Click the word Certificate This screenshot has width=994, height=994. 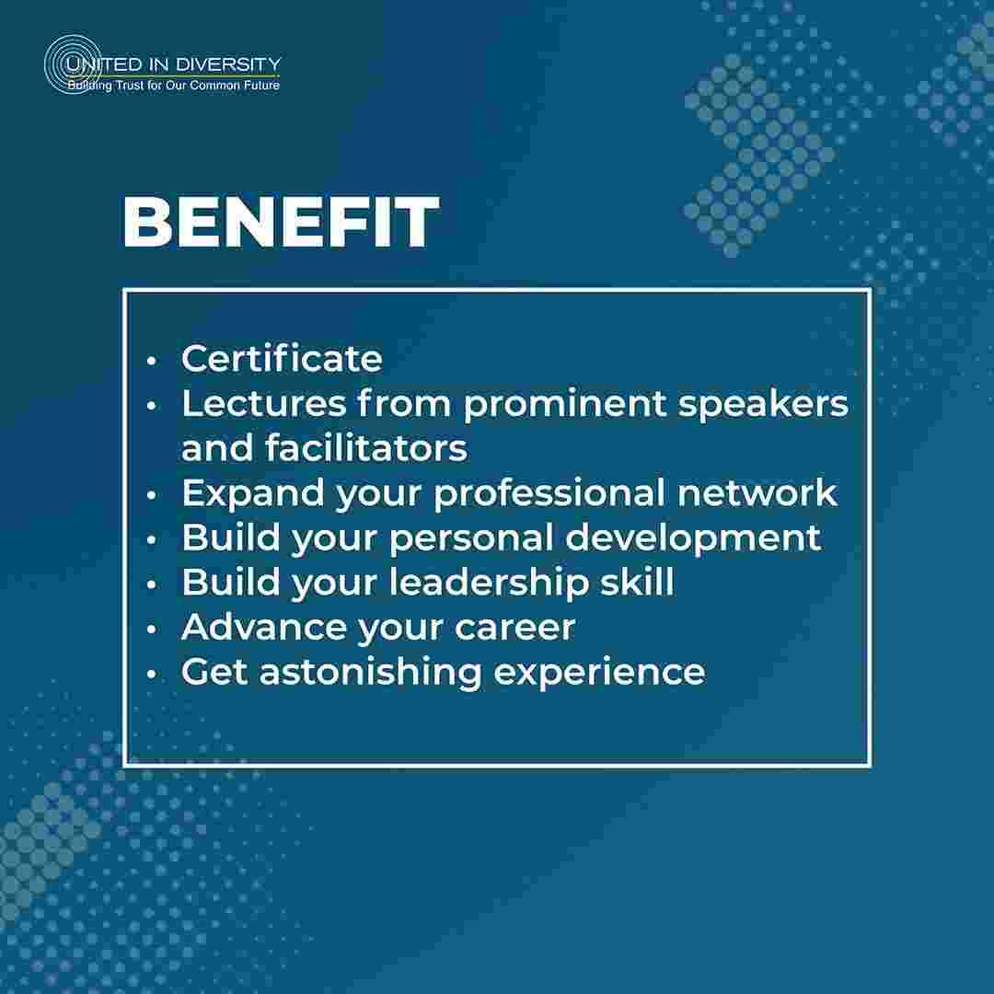pos(283,358)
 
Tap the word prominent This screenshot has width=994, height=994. pos(565,404)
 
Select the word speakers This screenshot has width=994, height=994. pos(763,404)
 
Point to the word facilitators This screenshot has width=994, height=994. pos(366,447)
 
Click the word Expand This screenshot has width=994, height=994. pos(253,494)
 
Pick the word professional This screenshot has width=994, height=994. pos(549,494)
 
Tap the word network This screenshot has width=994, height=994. pos(757,492)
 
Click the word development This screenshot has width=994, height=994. pos(693,538)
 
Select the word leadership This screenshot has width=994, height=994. pos(488,583)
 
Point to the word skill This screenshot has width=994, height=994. pos(637,582)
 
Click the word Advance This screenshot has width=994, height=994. pos(264,627)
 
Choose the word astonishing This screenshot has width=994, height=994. pos(370,673)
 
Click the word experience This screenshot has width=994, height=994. pos(599,673)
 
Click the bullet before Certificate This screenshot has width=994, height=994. pos(151,361)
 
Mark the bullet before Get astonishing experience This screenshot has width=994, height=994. pos(151,674)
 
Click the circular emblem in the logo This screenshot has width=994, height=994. pos(73,64)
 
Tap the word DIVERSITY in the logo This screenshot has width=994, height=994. pos(228,64)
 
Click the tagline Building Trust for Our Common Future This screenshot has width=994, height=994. pos(174,85)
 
